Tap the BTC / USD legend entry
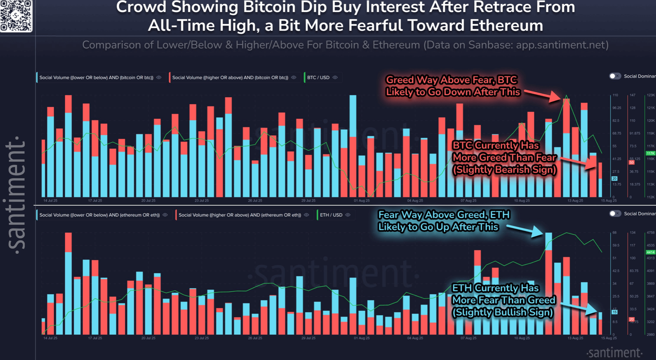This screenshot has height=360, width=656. pyautogui.click(x=318, y=77)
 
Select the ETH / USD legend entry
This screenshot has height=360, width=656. pyautogui.click(x=331, y=215)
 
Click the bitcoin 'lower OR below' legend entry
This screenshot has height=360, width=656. pyautogui.click(x=96, y=77)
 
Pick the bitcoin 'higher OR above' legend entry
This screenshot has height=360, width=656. pyautogui.click(x=230, y=77)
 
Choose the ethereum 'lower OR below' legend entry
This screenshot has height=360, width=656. pyautogui.click(x=99, y=215)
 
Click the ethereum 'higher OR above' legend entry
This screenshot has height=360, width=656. pyautogui.click(x=239, y=215)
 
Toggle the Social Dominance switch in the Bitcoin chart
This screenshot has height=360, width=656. pyautogui.click(x=615, y=76)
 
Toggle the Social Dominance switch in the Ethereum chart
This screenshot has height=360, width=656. pyautogui.click(x=615, y=213)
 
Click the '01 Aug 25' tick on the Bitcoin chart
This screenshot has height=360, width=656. pyautogui.click(x=361, y=201)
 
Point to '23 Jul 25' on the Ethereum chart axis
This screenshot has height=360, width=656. pyautogui.click(x=202, y=338)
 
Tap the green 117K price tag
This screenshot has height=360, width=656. pyautogui.click(x=650, y=153)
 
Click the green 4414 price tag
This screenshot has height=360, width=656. pyautogui.click(x=650, y=252)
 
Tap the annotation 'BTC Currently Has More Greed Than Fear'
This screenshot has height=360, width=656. pyautogui.click(x=504, y=157)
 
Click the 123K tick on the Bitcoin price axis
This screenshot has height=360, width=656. pyautogui.click(x=651, y=95)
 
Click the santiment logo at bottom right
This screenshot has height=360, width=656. pyautogui.click(x=614, y=352)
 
